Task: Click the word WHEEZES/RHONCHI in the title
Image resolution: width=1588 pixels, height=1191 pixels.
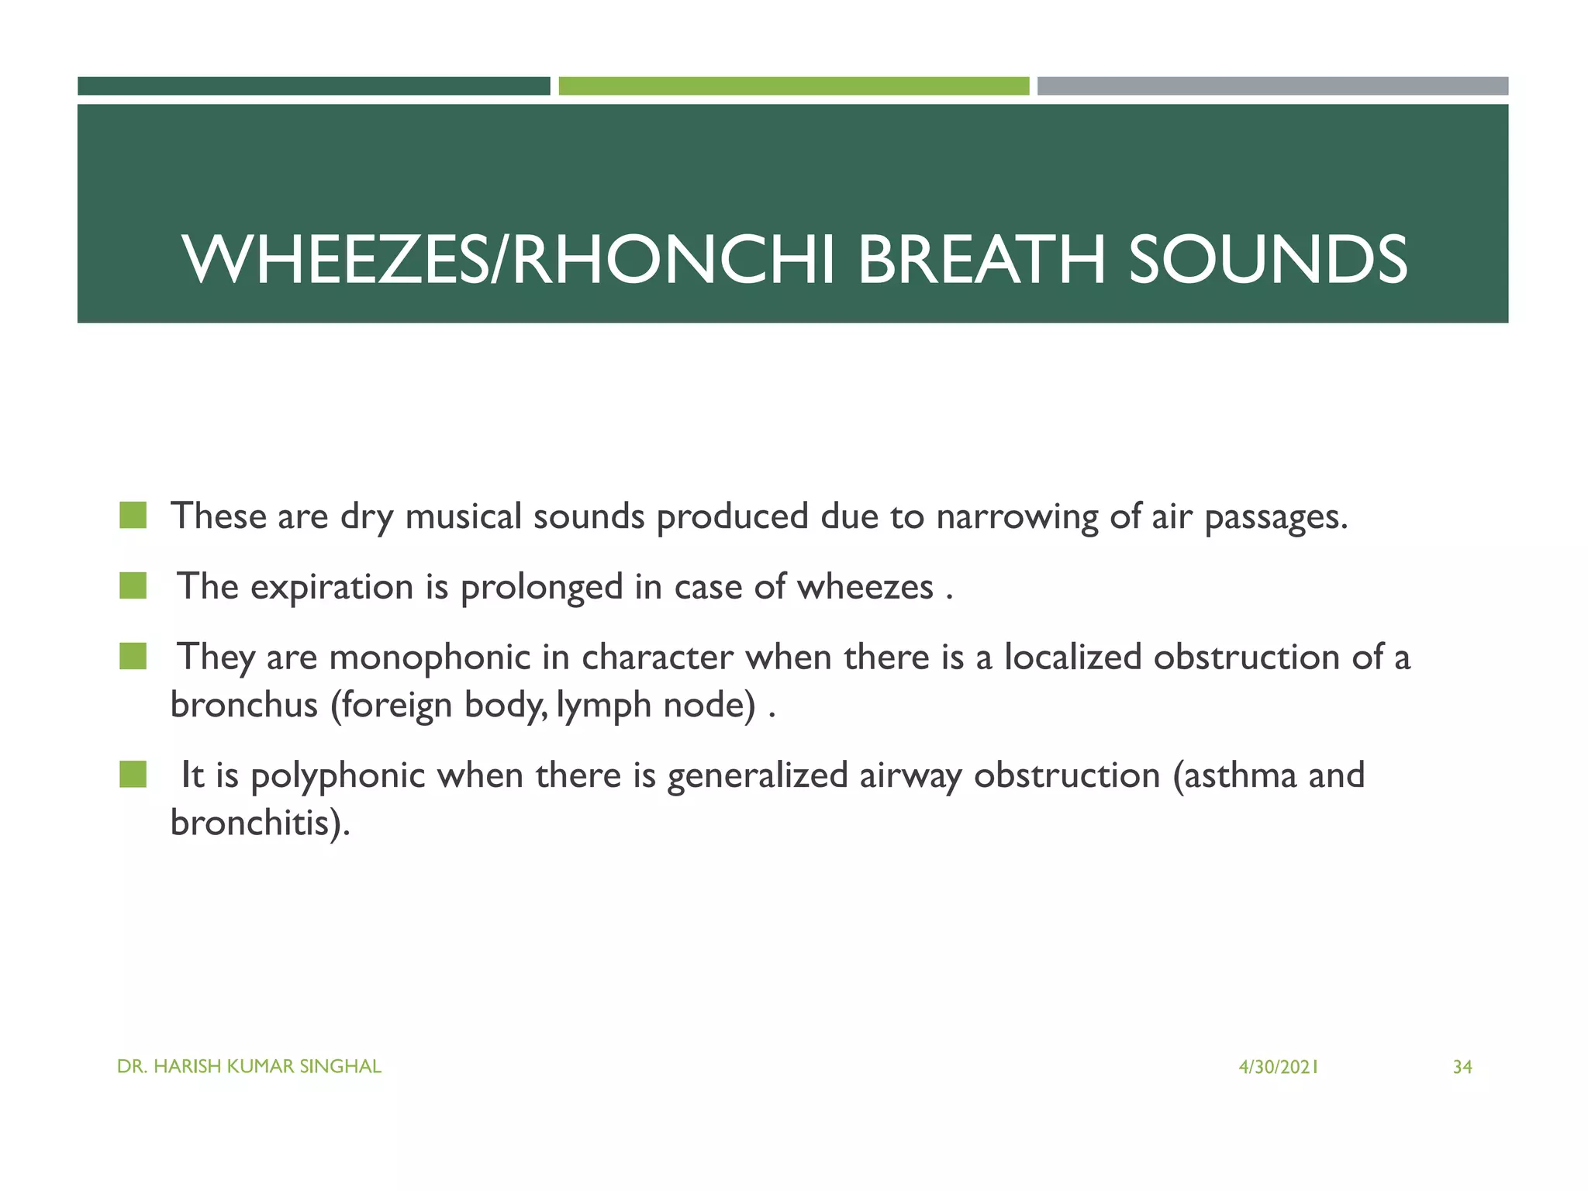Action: [x=508, y=260]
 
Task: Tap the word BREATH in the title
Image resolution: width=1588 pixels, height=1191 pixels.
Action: [x=981, y=260]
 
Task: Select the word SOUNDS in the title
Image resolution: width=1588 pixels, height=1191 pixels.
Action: [x=1267, y=260]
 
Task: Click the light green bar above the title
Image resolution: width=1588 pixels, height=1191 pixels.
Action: [x=793, y=86]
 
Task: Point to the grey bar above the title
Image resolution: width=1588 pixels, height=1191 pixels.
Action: [x=1272, y=86]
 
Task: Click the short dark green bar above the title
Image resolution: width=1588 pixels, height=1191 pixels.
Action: [x=313, y=86]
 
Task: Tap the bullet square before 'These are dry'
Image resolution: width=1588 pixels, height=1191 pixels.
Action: [x=133, y=516]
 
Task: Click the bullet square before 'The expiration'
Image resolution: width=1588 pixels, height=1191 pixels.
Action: [x=133, y=586]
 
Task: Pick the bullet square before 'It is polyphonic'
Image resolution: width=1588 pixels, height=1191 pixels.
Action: [x=133, y=774]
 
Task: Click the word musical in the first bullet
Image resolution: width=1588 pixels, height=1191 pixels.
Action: [x=463, y=516]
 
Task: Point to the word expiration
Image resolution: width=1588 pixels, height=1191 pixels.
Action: [x=332, y=588]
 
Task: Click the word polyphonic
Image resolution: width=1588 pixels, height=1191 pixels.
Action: [x=338, y=776]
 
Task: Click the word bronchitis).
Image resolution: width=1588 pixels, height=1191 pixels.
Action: [x=260, y=823]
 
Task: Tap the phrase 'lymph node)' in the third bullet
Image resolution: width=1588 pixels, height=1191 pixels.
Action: [x=656, y=706]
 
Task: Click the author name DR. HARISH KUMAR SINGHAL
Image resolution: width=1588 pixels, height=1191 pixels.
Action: [x=249, y=1067]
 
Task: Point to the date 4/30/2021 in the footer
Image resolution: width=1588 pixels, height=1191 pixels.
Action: [x=1278, y=1068]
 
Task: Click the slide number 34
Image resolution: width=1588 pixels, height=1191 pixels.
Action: [x=1462, y=1068]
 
